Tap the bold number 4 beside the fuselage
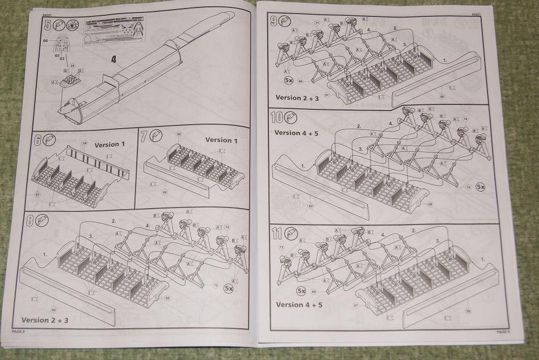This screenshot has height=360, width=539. tap(113, 60)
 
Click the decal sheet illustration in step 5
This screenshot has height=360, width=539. tap(113, 31)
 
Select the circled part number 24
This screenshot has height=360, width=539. tap(72, 66)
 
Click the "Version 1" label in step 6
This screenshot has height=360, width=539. tap(110, 145)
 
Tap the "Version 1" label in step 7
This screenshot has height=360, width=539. tap(221, 139)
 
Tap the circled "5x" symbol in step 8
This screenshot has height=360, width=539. tap(229, 288)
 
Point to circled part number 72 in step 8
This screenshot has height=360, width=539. tap(228, 227)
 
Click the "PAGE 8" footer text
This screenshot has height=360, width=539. tap(18, 332)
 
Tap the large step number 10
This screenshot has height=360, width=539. tap(277, 117)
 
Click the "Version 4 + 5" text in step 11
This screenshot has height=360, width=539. tap(298, 304)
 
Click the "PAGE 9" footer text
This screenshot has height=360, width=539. tap(503, 332)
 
